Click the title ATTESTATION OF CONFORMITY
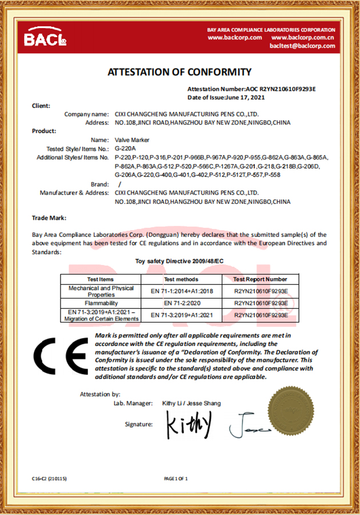coord(179,72)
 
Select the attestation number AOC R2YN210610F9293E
coord(281,89)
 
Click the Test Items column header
coord(100,279)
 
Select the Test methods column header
coord(181,279)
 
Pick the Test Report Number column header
coord(260,279)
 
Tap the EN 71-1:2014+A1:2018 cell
coord(181,291)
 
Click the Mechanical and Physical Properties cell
coord(101,291)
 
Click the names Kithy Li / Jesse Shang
coord(191,403)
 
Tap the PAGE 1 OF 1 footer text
coord(175,478)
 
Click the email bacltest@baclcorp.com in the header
coord(302,46)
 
